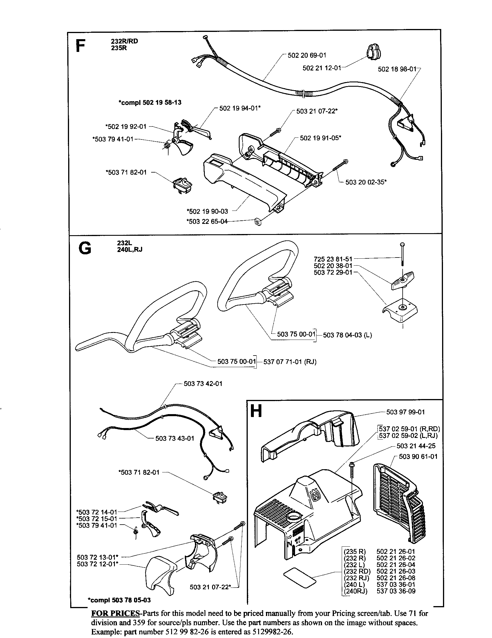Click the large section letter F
point(81,46)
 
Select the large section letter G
point(85,249)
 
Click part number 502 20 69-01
point(307,55)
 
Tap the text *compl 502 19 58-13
point(150,103)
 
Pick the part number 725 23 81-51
point(333,259)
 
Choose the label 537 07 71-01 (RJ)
point(290,362)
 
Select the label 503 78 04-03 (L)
point(347,335)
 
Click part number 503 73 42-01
point(203,384)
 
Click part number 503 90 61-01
point(418,456)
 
